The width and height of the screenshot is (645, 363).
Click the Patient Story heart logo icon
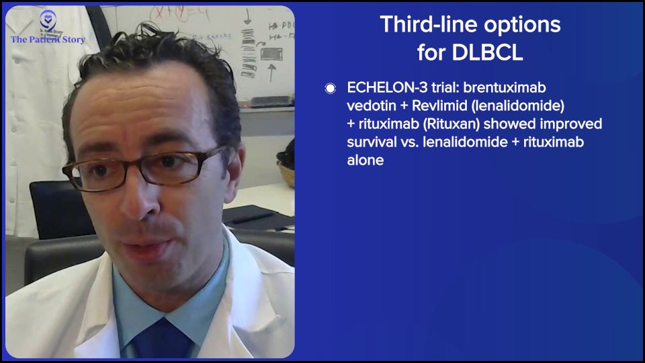pyautogui.click(x=48, y=20)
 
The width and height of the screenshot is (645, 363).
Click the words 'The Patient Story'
pyautogui.click(x=48, y=40)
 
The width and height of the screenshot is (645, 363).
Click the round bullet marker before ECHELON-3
pyautogui.click(x=330, y=89)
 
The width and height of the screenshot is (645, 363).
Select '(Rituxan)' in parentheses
pyautogui.click(x=451, y=124)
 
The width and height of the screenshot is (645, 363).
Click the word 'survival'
pyautogui.click(x=372, y=143)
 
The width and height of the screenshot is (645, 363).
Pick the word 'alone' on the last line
pyautogui.click(x=365, y=161)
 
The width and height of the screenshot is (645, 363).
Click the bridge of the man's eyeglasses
pyautogui.click(x=137, y=167)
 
